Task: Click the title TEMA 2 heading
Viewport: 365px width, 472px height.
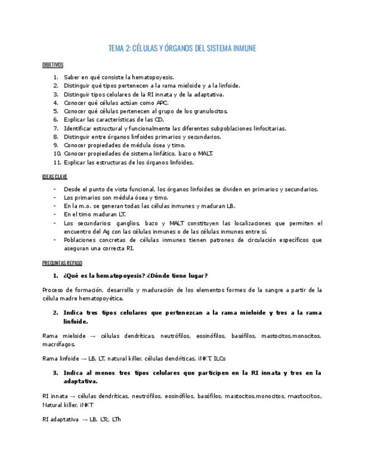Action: (182, 48)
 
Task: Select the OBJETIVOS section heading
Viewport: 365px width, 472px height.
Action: (53, 65)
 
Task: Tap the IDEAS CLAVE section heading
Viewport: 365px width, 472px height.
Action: (55, 176)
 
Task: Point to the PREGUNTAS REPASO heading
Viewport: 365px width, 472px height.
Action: (62, 263)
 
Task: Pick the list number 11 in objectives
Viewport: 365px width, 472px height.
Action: (56, 163)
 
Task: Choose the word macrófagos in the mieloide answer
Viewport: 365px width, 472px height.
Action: (55, 345)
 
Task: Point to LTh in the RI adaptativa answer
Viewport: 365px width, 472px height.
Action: (115, 419)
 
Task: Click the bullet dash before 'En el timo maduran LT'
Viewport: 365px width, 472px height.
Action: (55, 214)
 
